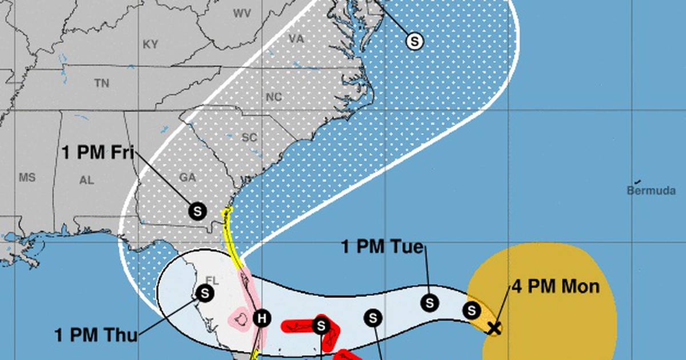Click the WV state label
[242, 13]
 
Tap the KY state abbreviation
[150, 44]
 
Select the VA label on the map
[296, 39]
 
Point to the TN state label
[101, 83]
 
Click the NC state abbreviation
[274, 97]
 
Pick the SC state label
[249, 138]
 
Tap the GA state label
[188, 178]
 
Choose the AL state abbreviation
[86, 180]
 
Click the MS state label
[27, 178]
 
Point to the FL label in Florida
[212, 281]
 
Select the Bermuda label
[651, 191]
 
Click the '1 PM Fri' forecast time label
[99, 153]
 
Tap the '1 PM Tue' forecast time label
[383, 247]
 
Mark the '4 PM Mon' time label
[556, 286]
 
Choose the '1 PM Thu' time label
[96, 335]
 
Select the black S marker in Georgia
[198, 211]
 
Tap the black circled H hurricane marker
[261, 318]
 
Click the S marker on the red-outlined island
[321, 326]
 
